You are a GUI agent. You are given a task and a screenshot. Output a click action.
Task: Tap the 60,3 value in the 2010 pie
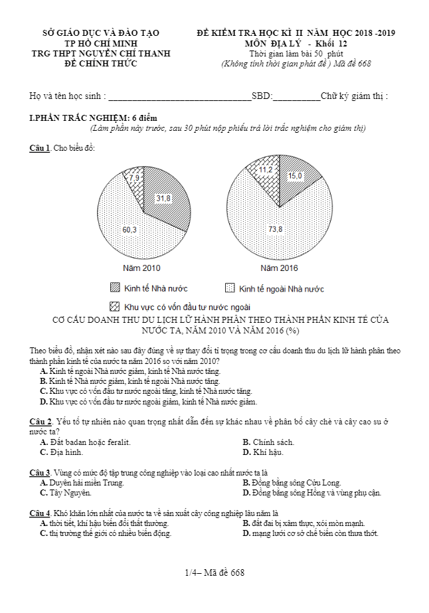(129, 230)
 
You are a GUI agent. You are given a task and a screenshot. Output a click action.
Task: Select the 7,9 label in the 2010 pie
(134, 178)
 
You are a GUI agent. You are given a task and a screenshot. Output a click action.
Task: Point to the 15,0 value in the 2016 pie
(295, 176)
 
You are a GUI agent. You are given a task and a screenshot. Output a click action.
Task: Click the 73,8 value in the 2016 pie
(276, 229)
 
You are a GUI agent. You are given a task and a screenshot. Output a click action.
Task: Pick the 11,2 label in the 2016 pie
(266, 170)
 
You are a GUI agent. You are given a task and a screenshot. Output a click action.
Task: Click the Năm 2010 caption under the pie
(141, 268)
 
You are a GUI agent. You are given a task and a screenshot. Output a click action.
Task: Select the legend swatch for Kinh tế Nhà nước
(115, 288)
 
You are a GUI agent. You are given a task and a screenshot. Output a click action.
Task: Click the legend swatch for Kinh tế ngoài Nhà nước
(230, 288)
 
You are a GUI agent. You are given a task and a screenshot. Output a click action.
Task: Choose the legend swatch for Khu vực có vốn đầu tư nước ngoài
(115, 307)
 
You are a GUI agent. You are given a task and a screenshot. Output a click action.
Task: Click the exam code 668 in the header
(363, 64)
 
